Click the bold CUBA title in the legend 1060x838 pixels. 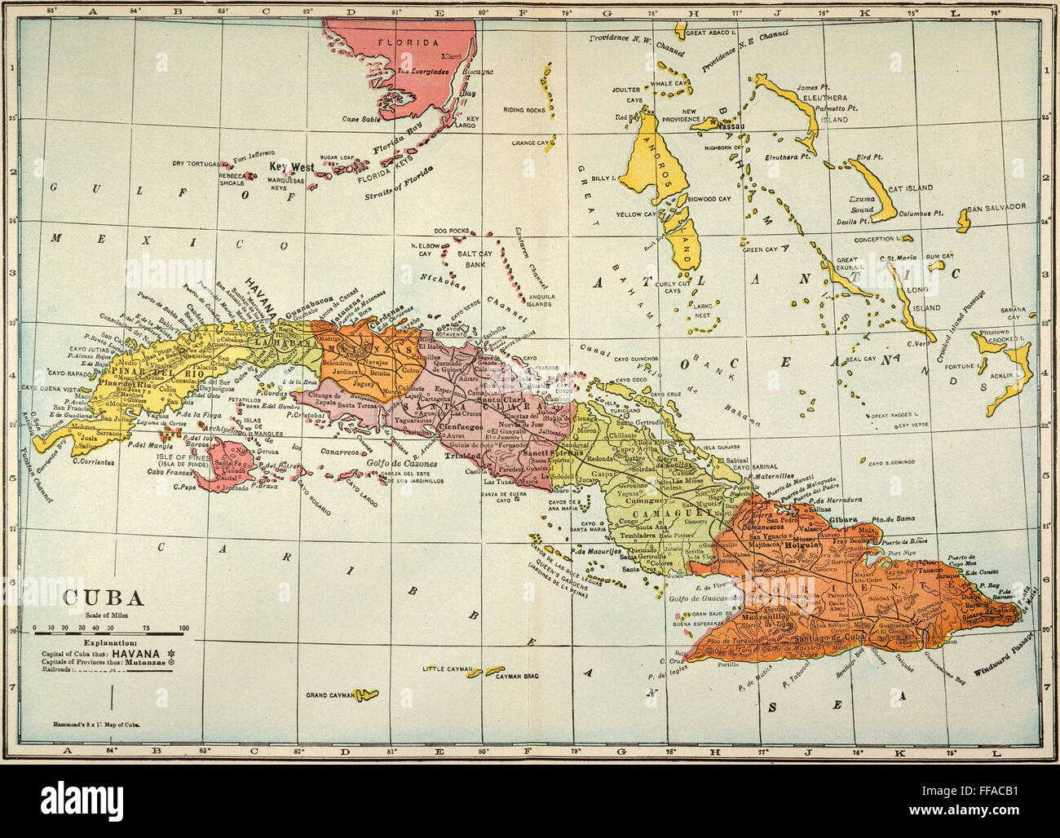click(104, 597)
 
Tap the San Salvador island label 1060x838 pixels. click(996, 207)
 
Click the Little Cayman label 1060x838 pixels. click(448, 668)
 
